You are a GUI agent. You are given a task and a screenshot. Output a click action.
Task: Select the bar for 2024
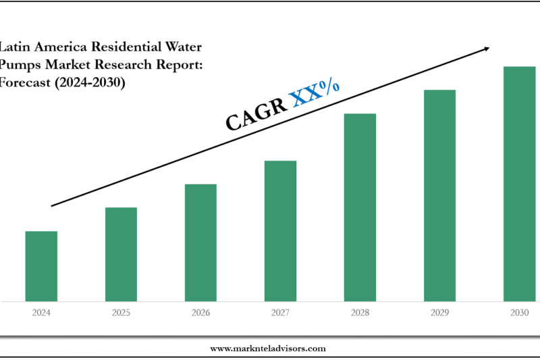[41, 266]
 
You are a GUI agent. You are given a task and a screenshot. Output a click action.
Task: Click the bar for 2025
[121, 254]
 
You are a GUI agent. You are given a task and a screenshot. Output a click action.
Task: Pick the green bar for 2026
[200, 242]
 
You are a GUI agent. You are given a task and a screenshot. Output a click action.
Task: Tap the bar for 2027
[280, 231]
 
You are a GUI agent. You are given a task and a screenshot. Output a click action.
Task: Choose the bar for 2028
[360, 207]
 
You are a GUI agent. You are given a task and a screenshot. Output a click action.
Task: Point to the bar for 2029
[439, 195]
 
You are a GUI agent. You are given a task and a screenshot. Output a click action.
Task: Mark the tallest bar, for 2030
[519, 184]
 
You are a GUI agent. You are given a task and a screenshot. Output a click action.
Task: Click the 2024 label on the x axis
[41, 313]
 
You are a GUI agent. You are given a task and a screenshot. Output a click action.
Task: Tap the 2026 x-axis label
[200, 313]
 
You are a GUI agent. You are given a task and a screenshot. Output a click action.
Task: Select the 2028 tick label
[360, 313]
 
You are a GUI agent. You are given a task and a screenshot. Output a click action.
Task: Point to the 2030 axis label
[519, 313]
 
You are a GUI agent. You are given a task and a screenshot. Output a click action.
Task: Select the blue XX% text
[315, 93]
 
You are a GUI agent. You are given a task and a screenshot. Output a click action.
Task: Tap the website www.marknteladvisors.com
[268, 349]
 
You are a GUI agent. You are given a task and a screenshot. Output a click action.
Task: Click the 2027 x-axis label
[280, 313]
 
